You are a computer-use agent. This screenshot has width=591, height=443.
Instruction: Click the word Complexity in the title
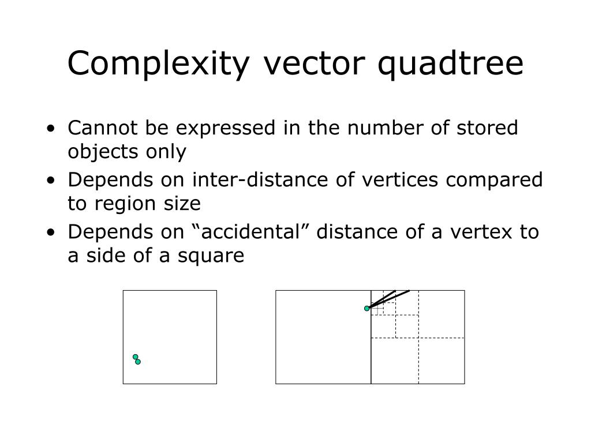click(x=159, y=64)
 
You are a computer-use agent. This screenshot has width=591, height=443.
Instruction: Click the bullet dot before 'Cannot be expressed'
click(x=53, y=128)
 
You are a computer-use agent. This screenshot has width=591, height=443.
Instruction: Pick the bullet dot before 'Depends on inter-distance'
click(x=53, y=180)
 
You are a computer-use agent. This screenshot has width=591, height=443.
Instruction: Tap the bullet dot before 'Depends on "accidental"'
click(x=53, y=232)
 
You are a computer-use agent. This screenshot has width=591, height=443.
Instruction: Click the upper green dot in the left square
click(x=136, y=357)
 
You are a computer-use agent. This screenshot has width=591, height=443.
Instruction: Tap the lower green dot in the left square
click(x=138, y=362)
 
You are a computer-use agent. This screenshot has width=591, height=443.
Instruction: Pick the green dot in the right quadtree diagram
click(x=367, y=309)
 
